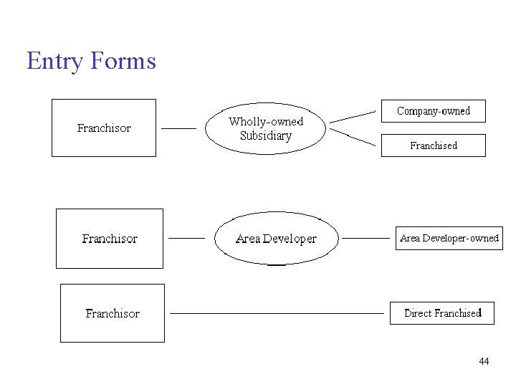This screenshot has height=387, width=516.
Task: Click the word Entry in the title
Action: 54,61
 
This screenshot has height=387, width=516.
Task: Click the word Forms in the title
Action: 123,61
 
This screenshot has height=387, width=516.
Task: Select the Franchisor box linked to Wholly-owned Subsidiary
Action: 104,128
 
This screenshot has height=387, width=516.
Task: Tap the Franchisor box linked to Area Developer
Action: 110,239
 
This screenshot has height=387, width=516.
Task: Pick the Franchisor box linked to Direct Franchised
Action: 113,313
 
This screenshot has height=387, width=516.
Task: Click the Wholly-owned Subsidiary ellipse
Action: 266,129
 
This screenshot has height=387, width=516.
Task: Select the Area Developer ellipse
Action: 276,239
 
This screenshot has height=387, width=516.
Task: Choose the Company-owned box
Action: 433,111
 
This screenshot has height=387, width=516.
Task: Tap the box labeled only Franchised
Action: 433,145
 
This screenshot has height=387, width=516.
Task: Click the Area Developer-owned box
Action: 449,238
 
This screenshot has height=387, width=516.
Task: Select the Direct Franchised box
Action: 442,313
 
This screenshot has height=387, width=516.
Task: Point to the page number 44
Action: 484,361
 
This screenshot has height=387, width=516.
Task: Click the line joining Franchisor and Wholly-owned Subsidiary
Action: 178,128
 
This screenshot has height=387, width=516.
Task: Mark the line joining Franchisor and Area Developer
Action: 186,237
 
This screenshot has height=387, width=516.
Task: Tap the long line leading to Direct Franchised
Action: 277,313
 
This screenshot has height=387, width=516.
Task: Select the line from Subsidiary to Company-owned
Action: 353,117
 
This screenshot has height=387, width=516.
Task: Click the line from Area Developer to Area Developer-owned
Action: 365,237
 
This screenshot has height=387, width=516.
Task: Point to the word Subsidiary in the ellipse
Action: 266,136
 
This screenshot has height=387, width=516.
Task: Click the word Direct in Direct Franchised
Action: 418,313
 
